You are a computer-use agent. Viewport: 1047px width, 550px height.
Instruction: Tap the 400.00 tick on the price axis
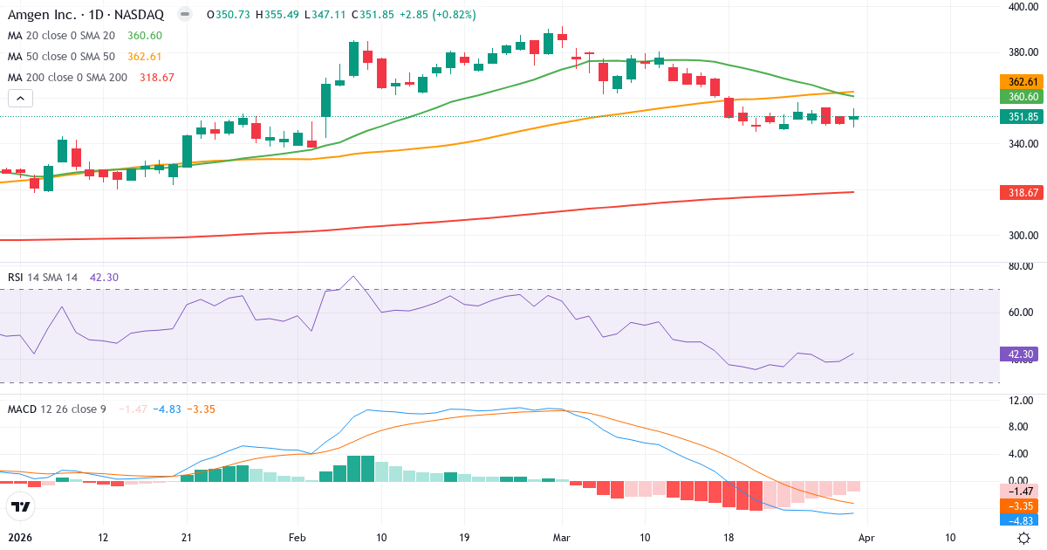click(1022, 7)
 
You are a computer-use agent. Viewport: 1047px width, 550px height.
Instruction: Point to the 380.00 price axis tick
click(1022, 52)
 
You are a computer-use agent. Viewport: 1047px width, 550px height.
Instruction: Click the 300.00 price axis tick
click(1022, 235)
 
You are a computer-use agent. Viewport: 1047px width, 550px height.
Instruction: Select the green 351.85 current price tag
click(1022, 117)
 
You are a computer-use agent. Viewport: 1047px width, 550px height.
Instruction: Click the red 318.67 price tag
click(1022, 192)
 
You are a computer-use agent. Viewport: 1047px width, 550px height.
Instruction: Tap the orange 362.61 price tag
click(1022, 81)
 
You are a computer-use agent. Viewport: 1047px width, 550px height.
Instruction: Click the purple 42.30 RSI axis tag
click(1022, 354)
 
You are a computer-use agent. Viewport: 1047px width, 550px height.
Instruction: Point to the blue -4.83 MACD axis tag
click(1022, 519)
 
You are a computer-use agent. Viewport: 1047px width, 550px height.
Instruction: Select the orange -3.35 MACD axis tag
click(1022, 505)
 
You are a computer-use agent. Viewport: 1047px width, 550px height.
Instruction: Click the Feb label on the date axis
click(298, 538)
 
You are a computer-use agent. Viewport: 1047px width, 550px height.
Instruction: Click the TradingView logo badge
click(21, 506)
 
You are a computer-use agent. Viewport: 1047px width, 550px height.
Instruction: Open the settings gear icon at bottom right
click(1024, 538)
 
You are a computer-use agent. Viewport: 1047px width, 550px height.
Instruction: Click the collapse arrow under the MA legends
click(20, 98)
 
